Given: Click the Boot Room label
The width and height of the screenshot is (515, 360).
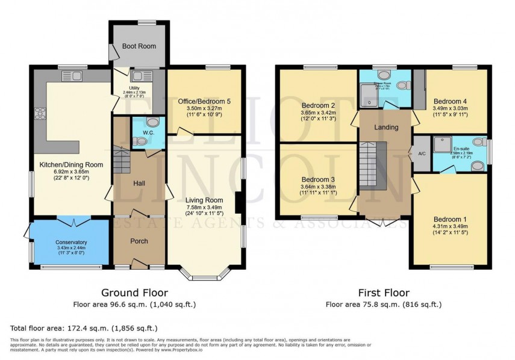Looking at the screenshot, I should point(139,46).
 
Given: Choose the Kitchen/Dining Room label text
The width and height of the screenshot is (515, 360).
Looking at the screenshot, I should point(72,164).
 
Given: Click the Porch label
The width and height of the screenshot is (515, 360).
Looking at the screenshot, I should point(139,241).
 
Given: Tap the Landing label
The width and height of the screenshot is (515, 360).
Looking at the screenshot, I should point(385,128).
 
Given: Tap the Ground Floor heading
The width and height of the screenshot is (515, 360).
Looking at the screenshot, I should point(134,293).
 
